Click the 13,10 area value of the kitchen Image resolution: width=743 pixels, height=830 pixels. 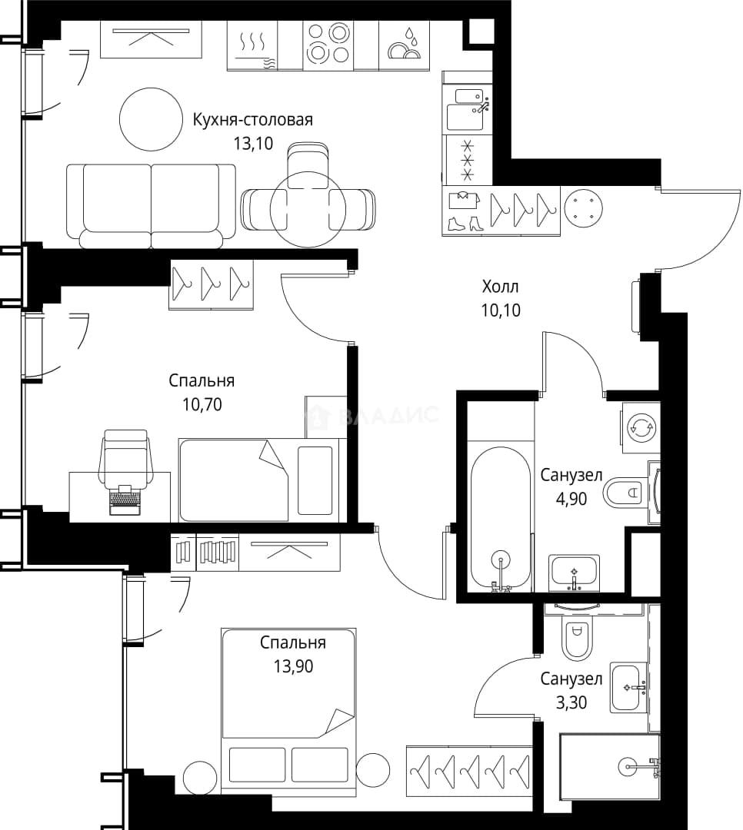(253, 143)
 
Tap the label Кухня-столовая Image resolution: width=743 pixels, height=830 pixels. (252, 120)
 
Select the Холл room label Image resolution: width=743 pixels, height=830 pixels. (500, 287)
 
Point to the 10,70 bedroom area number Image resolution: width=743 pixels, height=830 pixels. (202, 405)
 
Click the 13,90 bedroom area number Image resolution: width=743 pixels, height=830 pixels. (293, 666)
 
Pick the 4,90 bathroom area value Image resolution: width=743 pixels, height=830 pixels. (571, 499)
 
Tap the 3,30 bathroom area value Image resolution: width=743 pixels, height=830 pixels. (571, 702)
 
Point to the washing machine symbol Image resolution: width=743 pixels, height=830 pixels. (641, 427)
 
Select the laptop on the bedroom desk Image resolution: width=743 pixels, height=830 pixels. (125, 500)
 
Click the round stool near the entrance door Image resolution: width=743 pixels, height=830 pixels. (584, 208)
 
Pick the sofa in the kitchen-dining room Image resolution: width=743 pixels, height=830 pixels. (151, 205)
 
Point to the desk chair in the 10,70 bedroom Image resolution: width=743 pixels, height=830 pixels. (125, 458)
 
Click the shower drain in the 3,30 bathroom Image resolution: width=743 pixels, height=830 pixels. (628, 766)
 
